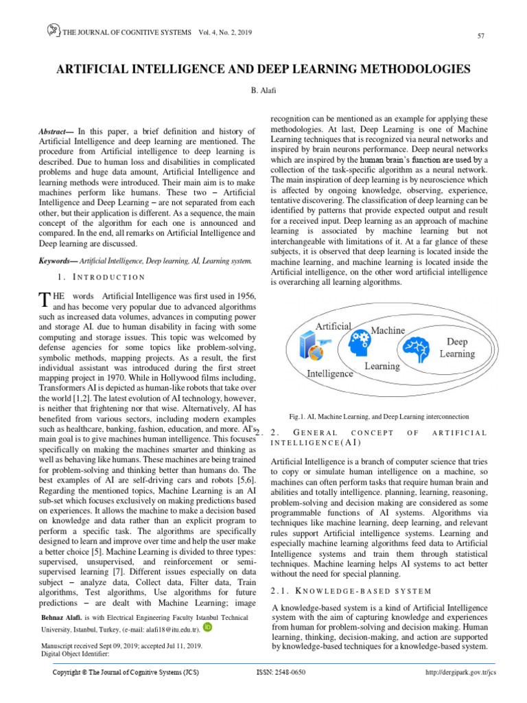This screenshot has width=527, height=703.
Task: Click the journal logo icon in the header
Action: click(x=53, y=31)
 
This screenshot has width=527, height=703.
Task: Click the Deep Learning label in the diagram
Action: click(x=457, y=347)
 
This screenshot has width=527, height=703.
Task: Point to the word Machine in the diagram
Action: click(x=388, y=331)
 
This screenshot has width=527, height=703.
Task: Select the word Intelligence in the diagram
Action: click(x=330, y=373)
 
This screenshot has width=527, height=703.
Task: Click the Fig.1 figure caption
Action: click(x=379, y=416)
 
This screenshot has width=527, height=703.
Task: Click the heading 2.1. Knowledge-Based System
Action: click(x=351, y=590)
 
